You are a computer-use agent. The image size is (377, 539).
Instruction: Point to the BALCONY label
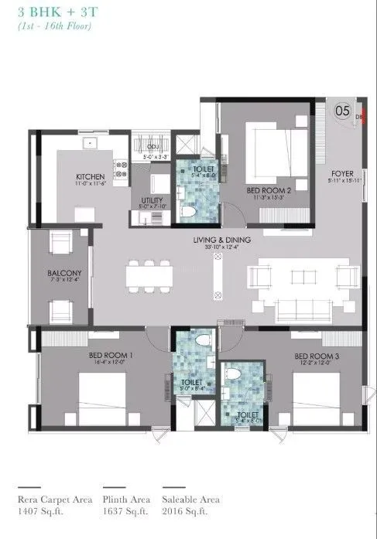pyautogui.click(x=58, y=273)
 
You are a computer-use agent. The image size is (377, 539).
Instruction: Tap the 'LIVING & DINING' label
pyautogui.click(x=220, y=241)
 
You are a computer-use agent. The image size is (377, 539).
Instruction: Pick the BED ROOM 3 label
pyautogui.click(x=313, y=356)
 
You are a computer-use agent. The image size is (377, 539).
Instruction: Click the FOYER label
pyautogui.click(x=341, y=174)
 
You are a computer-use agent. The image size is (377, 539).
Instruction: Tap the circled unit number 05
pyautogui.click(x=341, y=111)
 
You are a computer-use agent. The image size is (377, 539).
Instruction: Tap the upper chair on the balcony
pyautogui.click(x=60, y=245)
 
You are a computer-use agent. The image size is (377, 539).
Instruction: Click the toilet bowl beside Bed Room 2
pyautogui.click(x=186, y=210)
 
